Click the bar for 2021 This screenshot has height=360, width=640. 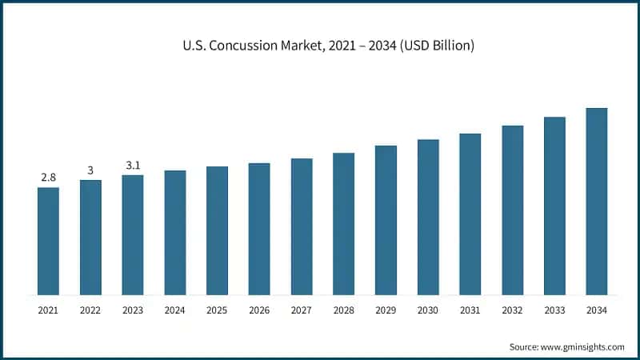(x=48, y=241)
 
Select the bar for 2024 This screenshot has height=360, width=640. (x=175, y=232)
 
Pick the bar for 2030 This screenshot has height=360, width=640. (x=428, y=217)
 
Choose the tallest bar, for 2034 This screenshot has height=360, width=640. (x=597, y=201)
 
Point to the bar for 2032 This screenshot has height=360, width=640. (x=513, y=210)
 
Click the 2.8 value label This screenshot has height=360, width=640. (x=48, y=178)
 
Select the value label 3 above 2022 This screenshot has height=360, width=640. (x=90, y=170)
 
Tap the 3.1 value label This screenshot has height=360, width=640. (x=133, y=166)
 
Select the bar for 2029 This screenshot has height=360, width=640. (x=386, y=220)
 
